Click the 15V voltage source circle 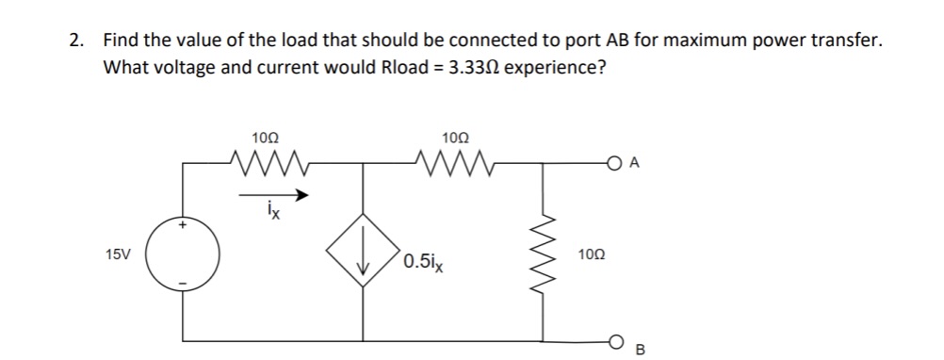183,255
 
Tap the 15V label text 119,255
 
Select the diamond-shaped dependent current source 364,254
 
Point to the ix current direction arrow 273,197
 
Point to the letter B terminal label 641,352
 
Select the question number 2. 75,41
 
